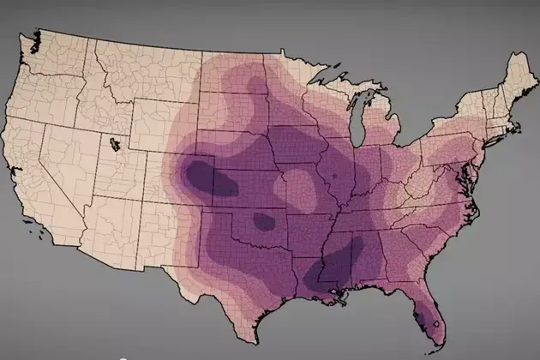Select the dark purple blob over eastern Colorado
coord(207,177)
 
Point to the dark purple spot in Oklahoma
coord(263,222)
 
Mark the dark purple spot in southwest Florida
coord(421,319)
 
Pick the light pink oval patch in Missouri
coord(299,186)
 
